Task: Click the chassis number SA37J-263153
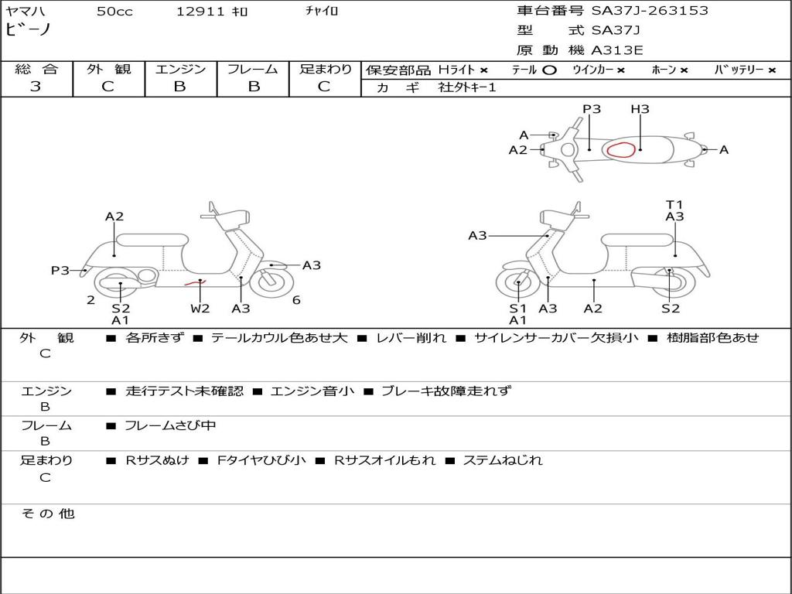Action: (x=650, y=10)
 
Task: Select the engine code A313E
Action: (x=616, y=50)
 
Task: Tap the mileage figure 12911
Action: (x=200, y=11)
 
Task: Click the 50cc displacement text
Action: (x=114, y=11)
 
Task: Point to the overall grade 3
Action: (x=36, y=87)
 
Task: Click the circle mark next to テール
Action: (x=549, y=70)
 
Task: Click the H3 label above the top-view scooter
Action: (x=640, y=108)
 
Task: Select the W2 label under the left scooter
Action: (x=200, y=308)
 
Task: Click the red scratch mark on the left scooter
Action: (x=194, y=283)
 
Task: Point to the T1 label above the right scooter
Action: (x=674, y=204)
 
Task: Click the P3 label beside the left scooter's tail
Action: (x=60, y=270)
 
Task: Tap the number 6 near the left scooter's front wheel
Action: (x=296, y=300)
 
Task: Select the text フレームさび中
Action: (x=170, y=426)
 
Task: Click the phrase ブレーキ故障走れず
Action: (x=446, y=391)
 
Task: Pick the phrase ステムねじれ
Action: (x=503, y=460)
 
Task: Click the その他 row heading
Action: (x=48, y=514)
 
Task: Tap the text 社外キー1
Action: (x=467, y=87)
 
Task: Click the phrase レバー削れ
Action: (x=411, y=338)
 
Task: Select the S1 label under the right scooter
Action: (x=517, y=308)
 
